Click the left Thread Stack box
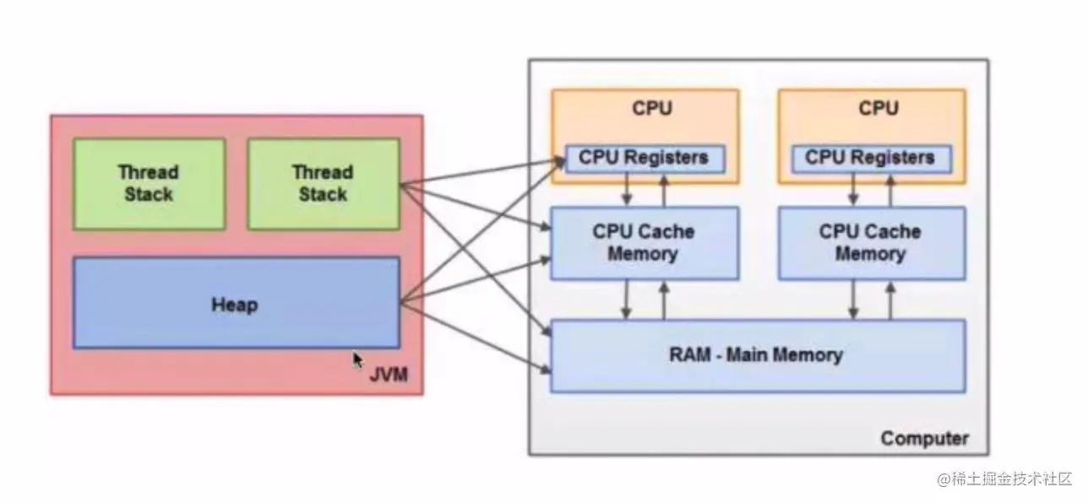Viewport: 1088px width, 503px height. coord(149,184)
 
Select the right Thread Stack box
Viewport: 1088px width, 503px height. coord(323,184)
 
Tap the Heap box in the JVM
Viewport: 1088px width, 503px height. coord(236,304)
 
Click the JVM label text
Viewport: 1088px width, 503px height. coord(389,374)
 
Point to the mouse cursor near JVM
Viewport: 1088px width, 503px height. coord(357,360)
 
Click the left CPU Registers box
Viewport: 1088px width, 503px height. coord(645,158)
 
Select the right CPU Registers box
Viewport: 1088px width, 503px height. coord(871,158)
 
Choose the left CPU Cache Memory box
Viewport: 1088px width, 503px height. coord(644,243)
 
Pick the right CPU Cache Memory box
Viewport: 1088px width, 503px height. coord(870,243)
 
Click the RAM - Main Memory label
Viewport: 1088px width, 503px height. coord(755,354)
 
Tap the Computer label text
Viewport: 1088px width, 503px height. coord(924,439)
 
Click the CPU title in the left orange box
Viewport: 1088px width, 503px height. coord(652,109)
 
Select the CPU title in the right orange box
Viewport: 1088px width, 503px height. coord(879,109)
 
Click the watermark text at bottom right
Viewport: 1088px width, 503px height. coord(1004,479)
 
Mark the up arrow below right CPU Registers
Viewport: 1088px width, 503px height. coord(889,190)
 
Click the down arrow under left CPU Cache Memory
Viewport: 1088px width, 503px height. coord(627,300)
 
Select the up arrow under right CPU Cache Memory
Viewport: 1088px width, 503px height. coord(889,300)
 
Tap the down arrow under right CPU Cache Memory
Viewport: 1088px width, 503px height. coord(853,300)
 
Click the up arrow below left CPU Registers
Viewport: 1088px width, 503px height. coord(664,190)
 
